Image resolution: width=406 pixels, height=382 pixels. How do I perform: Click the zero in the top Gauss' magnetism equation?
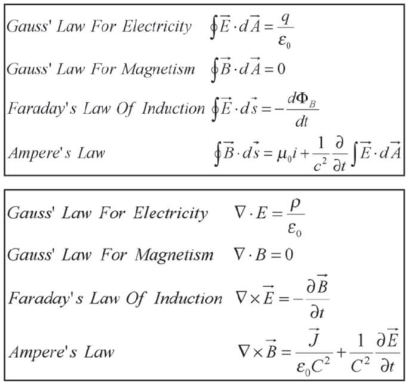click(x=281, y=69)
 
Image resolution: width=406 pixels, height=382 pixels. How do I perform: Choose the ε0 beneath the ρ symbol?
click(x=294, y=227)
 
